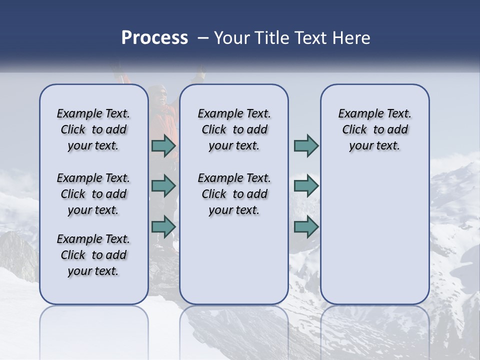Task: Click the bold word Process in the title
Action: [x=154, y=38]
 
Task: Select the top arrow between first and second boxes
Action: [x=163, y=146]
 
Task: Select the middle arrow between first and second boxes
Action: [x=163, y=186]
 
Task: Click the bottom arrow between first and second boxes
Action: [x=163, y=226]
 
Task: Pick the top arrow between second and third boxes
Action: [x=306, y=146]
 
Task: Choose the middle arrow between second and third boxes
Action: [x=306, y=186]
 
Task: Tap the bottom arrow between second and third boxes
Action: [x=306, y=226]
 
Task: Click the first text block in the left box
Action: [x=93, y=129]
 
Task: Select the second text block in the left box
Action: [x=93, y=194]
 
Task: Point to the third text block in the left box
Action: [x=93, y=255]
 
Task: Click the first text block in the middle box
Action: [x=234, y=129]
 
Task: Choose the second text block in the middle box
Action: [x=234, y=194]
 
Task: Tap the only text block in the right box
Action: [x=374, y=129]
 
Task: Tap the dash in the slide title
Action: [x=202, y=38]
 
